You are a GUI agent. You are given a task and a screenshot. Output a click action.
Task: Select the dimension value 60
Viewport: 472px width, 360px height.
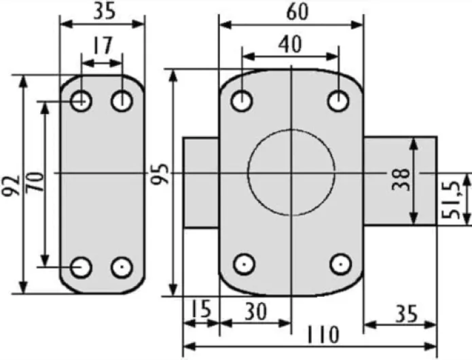coord(290,12)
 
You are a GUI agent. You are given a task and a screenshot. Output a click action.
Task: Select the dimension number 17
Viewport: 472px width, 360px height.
coord(102,46)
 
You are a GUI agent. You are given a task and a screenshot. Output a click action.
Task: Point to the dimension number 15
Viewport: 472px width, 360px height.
coord(200,310)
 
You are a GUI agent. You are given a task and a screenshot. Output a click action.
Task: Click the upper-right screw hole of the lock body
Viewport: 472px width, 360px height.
coord(338,101)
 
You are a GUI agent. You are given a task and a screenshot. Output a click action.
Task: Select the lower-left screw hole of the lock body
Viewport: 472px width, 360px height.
coord(242,264)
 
